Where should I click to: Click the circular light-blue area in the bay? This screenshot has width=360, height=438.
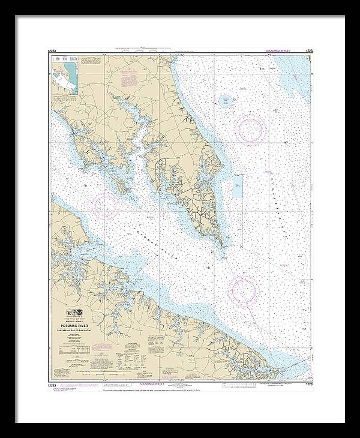tap(226, 101)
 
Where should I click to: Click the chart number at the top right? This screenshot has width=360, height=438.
tap(307, 53)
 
